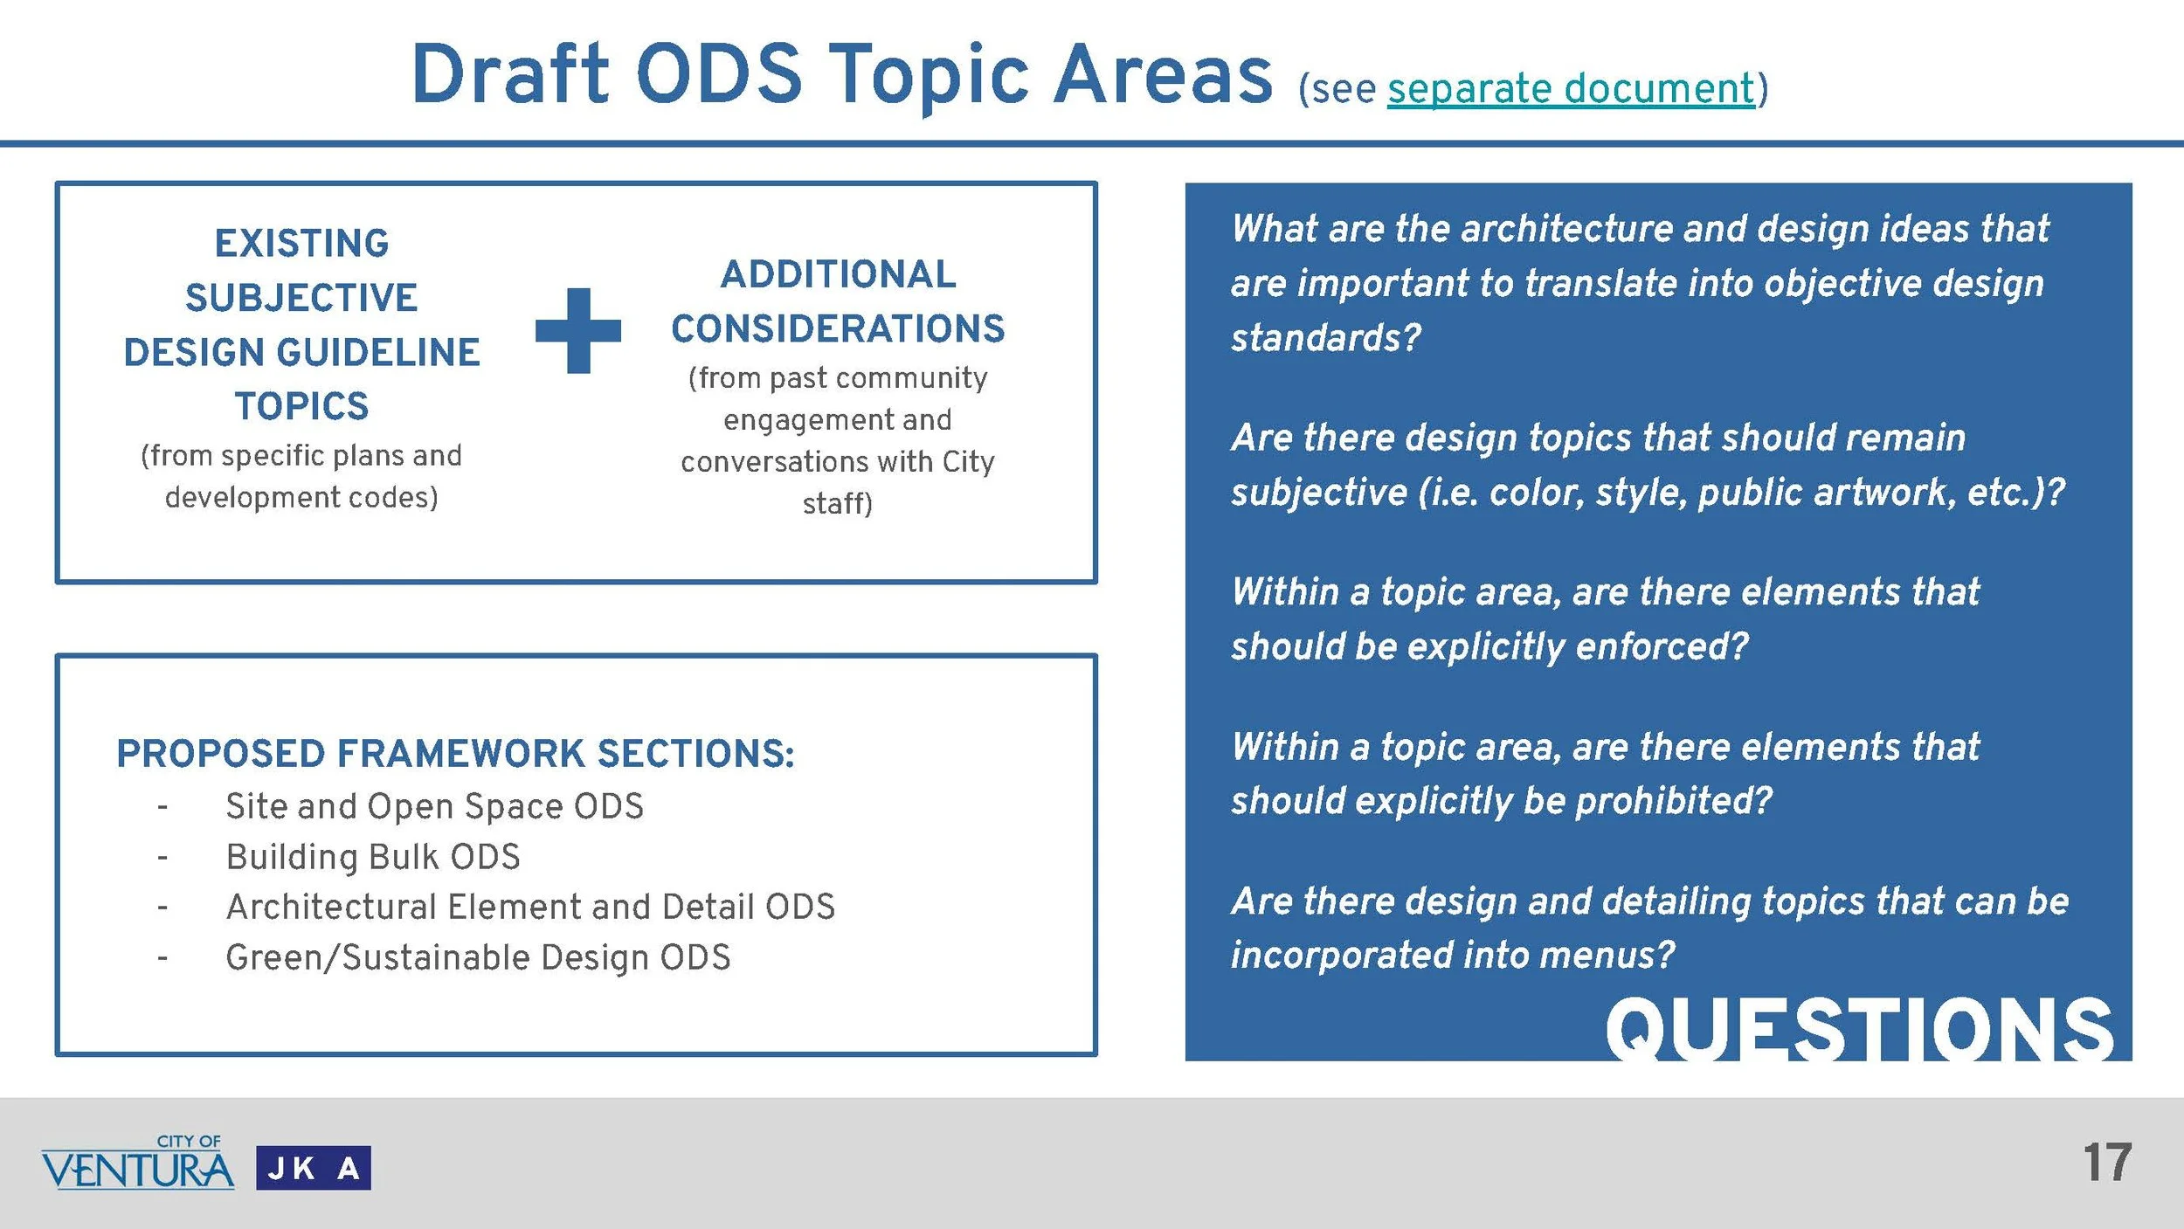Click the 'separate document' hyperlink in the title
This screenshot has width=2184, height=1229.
(1570, 89)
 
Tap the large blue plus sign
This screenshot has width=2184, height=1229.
(578, 330)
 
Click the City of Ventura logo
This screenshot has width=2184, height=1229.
(138, 1163)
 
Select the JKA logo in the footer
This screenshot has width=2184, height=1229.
(313, 1168)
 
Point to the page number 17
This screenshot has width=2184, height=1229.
(2106, 1163)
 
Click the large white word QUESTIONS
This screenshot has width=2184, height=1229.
(1858, 1031)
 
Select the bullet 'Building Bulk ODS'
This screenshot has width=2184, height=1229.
(373, 857)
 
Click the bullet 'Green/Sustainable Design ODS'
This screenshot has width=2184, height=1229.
(478, 957)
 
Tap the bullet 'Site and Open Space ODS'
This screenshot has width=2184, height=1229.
(434, 806)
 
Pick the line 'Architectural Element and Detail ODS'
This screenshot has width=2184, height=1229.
(530, 907)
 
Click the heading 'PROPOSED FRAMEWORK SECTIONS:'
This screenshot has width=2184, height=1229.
(455, 754)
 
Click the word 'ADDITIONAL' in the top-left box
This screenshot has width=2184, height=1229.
(838, 274)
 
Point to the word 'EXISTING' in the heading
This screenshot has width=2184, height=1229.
(302, 244)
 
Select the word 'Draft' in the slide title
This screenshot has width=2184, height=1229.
(509, 75)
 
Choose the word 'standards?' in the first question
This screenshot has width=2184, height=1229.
(1325, 338)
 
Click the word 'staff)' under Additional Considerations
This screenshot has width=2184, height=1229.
(837, 503)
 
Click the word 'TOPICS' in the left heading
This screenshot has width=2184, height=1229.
(302, 406)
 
